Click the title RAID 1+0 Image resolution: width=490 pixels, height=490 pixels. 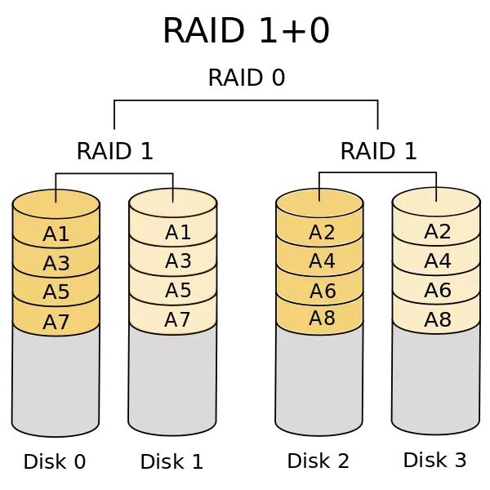(x=245, y=31)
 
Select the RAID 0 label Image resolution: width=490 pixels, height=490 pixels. (x=246, y=78)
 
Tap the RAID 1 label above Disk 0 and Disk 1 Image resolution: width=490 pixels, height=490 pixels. (x=114, y=152)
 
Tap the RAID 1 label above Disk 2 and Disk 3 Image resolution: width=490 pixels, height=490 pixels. (x=378, y=152)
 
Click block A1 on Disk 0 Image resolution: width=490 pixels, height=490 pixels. (x=56, y=234)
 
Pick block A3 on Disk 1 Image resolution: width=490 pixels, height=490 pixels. (x=177, y=261)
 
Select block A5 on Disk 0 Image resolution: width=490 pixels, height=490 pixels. (x=56, y=292)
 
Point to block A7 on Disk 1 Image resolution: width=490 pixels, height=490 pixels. (x=177, y=319)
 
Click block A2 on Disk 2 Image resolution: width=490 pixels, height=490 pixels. (x=322, y=234)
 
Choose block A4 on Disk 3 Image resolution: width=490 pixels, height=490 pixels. (x=438, y=261)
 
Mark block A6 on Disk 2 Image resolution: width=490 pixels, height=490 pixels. (x=322, y=292)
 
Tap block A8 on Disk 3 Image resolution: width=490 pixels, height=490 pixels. (x=438, y=319)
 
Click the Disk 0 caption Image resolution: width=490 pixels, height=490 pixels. (x=55, y=462)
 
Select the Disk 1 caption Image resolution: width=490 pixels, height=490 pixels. (x=171, y=462)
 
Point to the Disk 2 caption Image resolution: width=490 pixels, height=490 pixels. (x=318, y=461)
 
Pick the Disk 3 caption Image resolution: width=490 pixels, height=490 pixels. (x=435, y=461)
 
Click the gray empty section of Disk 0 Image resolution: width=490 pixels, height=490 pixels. (x=56, y=380)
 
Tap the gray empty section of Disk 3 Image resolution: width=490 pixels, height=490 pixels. (x=435, y=380)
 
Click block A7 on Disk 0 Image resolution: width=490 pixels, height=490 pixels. (x=56, y=322)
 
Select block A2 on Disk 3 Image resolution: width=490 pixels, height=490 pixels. (x=438, y=232)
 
